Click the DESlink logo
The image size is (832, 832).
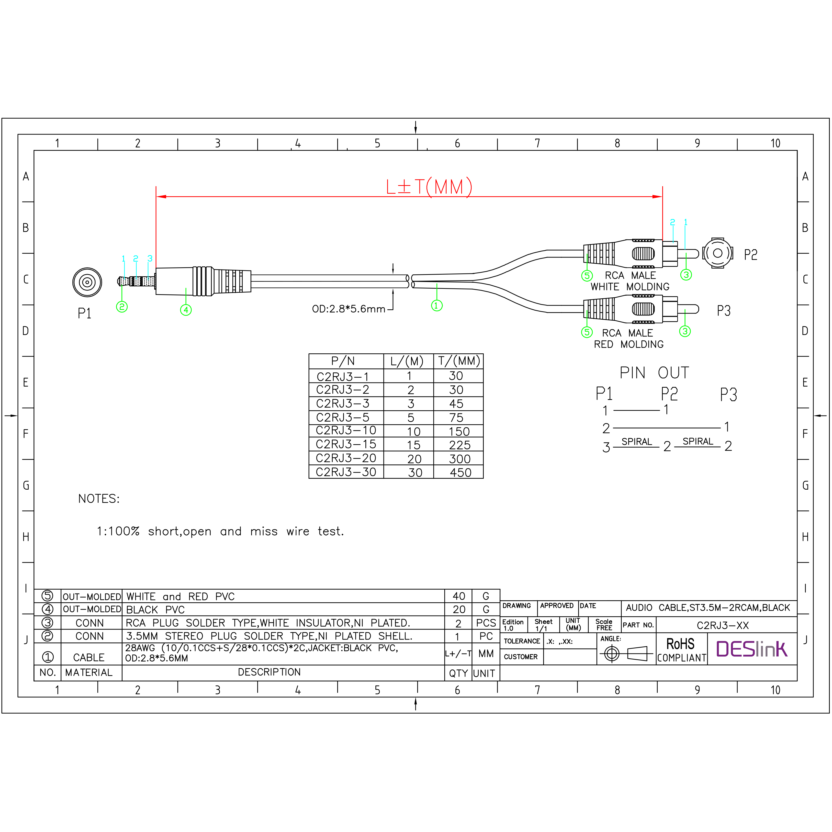click(x=752, y=649)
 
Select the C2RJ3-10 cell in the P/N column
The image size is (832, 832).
click(x=346, y=431)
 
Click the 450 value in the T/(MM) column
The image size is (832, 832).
click(x=460, y=472)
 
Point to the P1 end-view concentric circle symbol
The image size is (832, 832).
click(x=87, y=282)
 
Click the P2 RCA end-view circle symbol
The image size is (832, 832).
click(x=718, y=253)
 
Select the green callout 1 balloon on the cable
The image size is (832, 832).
click(x=437, y=306)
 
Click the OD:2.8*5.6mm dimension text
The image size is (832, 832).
click(x=349, y=309)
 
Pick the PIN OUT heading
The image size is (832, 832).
click(x=654, y=373)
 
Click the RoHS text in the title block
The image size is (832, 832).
click(x=680, y=644)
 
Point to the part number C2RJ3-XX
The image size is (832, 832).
click(x=723, y=625)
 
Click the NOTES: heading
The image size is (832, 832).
click(x=99, y=499)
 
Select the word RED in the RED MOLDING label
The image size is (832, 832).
click(x=603, y=345)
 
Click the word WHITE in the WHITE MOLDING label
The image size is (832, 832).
click(x=605, y=287)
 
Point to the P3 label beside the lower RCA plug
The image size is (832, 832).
click(x=723, y=311)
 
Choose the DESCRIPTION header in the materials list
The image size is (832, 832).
click(x=269, y=672)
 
